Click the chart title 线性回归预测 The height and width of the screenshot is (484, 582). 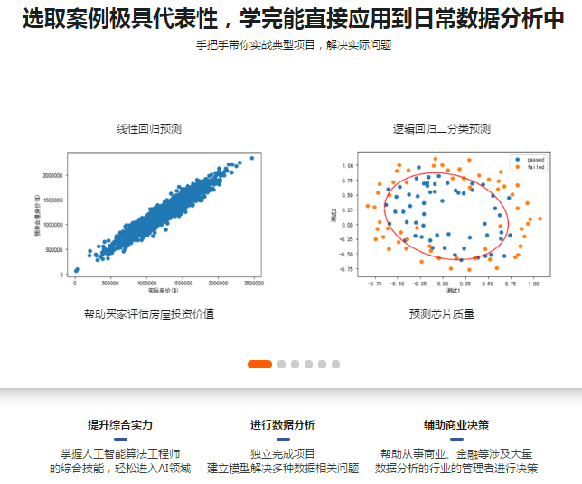[149, 129]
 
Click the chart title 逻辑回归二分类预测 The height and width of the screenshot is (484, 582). [441, 129]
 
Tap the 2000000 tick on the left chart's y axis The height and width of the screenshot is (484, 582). [52, 175]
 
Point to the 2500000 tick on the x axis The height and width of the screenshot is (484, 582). [252, 283]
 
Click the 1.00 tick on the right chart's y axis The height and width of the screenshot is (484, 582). [347, 166]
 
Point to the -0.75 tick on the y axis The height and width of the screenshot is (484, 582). [346, 268]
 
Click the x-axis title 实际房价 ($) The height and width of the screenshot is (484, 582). [163, 291]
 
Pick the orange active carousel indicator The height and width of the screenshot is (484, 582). [259, 364]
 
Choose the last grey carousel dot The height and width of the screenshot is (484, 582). [335, 364]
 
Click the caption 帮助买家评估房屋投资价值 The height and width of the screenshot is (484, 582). [149, 314]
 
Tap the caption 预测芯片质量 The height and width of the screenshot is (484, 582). [441, 314]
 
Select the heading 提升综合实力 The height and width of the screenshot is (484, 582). [120, 424]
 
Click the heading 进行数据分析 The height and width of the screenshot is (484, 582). [283, 424]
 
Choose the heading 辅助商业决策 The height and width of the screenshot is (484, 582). [456, 424]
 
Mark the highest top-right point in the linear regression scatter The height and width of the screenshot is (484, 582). [251, 158]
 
